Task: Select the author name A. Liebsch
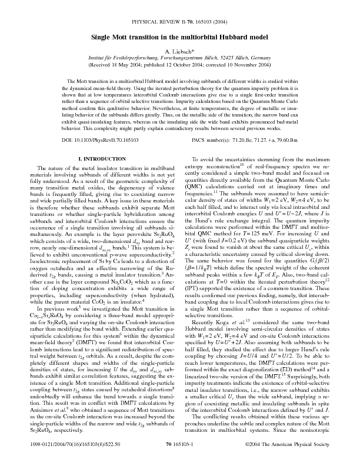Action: click(179, 52)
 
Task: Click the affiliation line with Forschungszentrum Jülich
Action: click(180, 59)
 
